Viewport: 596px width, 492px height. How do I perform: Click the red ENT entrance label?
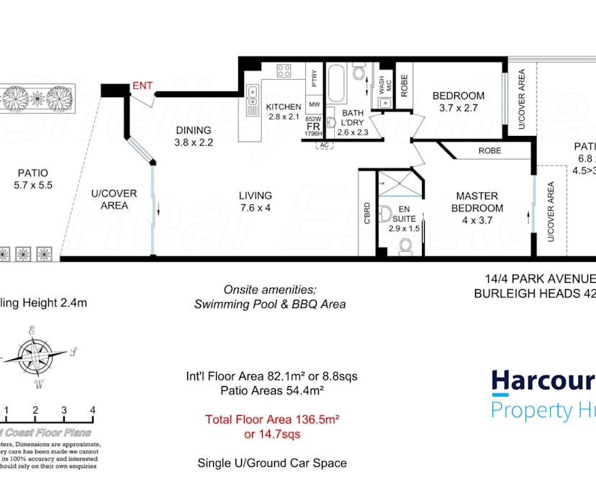tap(143, 86)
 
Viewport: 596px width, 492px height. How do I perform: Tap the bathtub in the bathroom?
tap(336, 85)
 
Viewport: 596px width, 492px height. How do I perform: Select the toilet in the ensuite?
tap(405, 246)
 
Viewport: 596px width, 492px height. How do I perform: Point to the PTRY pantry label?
tap(314, 77)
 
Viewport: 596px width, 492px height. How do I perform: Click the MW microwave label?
tap(314, 105)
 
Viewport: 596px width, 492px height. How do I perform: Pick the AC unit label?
tap(323, 145)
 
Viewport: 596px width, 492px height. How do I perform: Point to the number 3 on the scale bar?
tap(64, 410)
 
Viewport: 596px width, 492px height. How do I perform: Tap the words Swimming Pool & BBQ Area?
tap(270, 304)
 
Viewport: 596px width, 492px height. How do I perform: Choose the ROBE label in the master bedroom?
tap(489, 151)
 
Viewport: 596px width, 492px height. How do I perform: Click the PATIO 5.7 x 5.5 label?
tap(32, 178)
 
